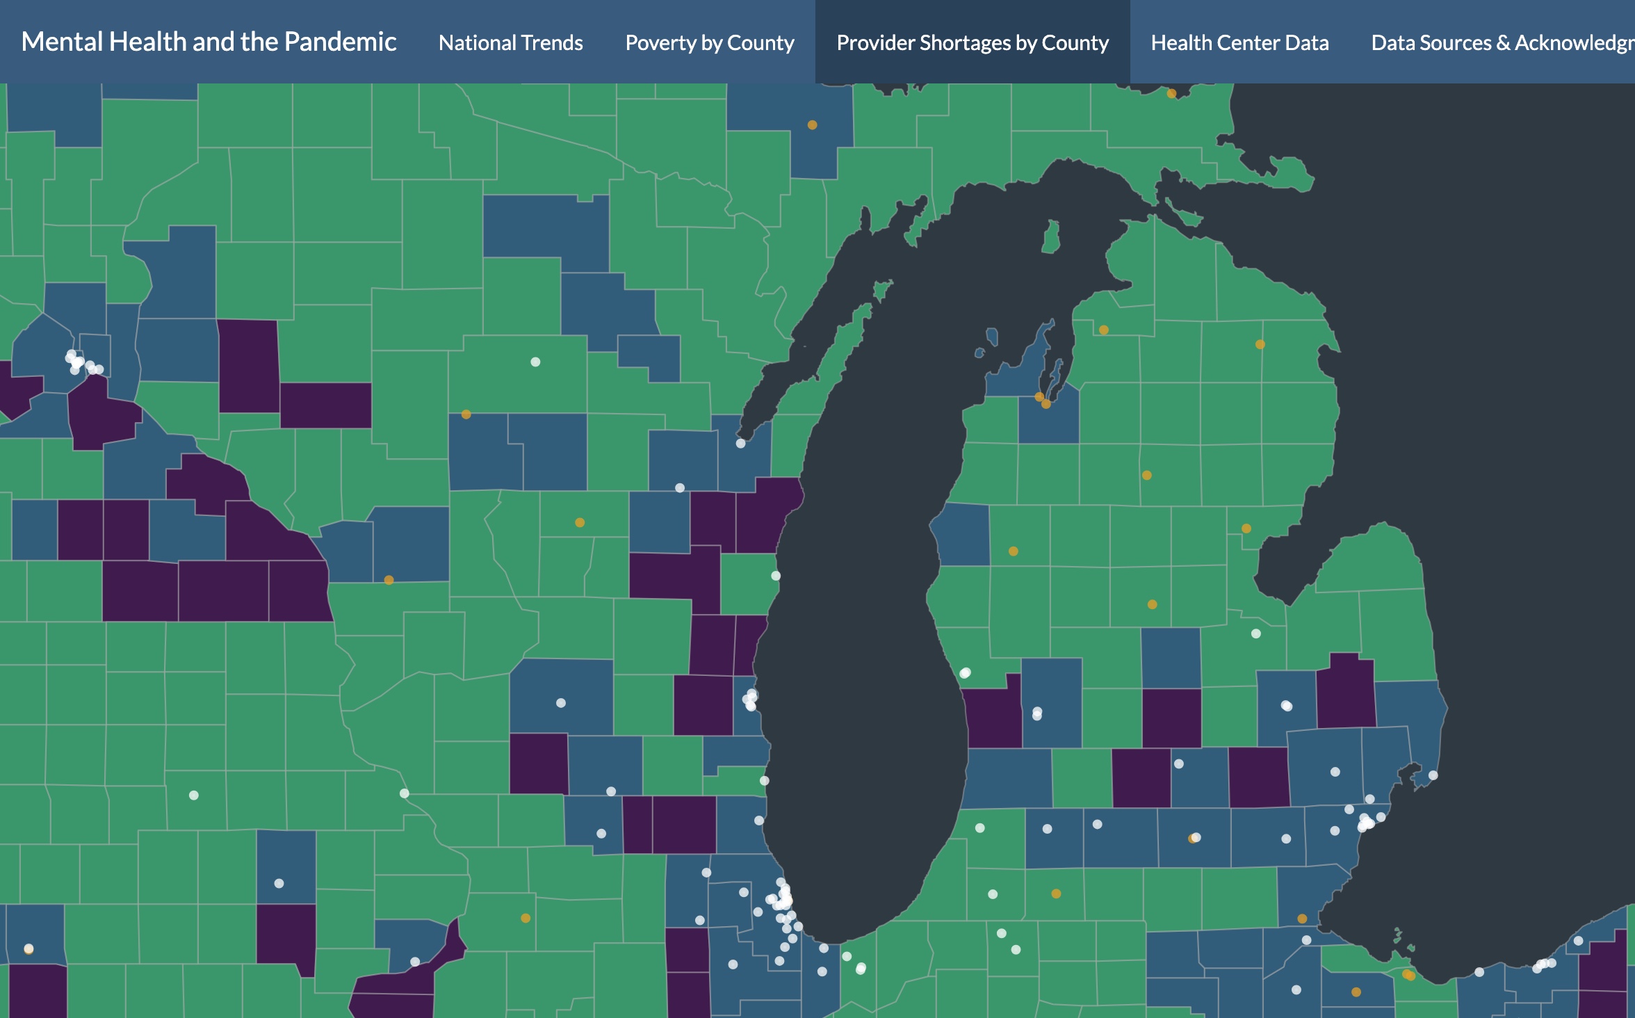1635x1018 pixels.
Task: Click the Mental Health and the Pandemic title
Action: click(x=209, y=42)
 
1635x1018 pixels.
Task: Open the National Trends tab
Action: click(x=511, y=43)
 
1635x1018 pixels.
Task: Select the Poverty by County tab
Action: click(x=710, y=43)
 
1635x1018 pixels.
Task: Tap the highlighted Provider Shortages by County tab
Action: click(x=973, y=43)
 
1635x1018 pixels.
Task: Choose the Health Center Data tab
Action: click(x=1239, y=43)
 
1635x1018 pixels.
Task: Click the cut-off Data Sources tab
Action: click(x=1502, y=43)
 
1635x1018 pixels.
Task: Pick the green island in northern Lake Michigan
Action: click(x=1050, y=236)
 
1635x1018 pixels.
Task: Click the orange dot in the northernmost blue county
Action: click(x=812, y=125)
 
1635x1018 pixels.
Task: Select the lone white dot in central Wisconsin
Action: click(x=535, y=362)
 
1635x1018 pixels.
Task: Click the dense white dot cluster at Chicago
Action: click(x=783, y=900)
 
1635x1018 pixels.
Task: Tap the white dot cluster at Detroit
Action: click(x=1366, y=823)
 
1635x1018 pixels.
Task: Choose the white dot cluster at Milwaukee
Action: click(x=751, y=700)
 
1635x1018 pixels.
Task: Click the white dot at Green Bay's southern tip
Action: click(x=740, y=443)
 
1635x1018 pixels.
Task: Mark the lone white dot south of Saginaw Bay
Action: click(x=1255, y=633)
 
